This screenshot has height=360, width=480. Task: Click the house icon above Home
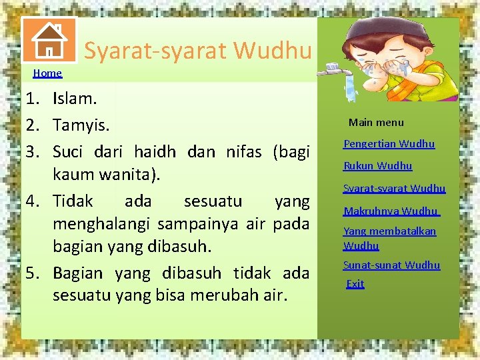pyautogui.click(x=49, y=40)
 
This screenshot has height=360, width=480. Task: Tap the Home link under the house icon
pyautogui.click(x=47, y=73)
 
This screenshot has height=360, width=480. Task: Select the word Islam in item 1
pyautogui.click(x=75, y=99)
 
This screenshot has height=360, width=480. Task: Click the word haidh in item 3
pyautogui.click(x=155, y=151)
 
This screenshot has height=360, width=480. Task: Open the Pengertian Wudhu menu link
pyautogui.click(x=389, y=144)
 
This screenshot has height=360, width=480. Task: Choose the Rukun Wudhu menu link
pyautogui.click(x=378, y=166)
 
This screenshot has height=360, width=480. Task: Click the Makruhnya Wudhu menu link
pyautogui.click(x=391, y=211)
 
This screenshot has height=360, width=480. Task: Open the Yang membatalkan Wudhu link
pyautogui.click(x=389, y=238)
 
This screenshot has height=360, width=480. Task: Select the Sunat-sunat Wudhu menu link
pyautogui.click(x=392, y=265)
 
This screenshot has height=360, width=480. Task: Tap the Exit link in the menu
pyautogui.click(x=355, y=284)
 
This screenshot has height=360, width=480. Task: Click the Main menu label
pyautogui.click(x=376, y=123)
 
